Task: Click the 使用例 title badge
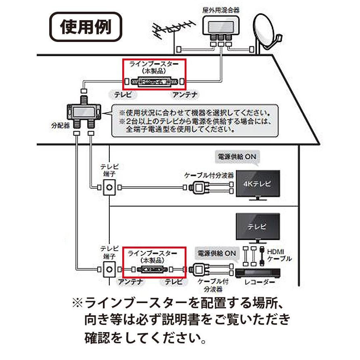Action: [x=85, y=27]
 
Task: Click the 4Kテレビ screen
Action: [x=258, y=184]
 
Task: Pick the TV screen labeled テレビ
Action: [x=257, y=227]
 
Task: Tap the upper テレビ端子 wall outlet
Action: [x=109, y=187]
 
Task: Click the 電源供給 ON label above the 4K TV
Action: [x=237, y=157]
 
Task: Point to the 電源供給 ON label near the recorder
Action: [x=216, y=253]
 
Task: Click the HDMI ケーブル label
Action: [x=278, y=255]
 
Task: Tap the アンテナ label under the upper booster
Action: [x=184, y=94]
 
